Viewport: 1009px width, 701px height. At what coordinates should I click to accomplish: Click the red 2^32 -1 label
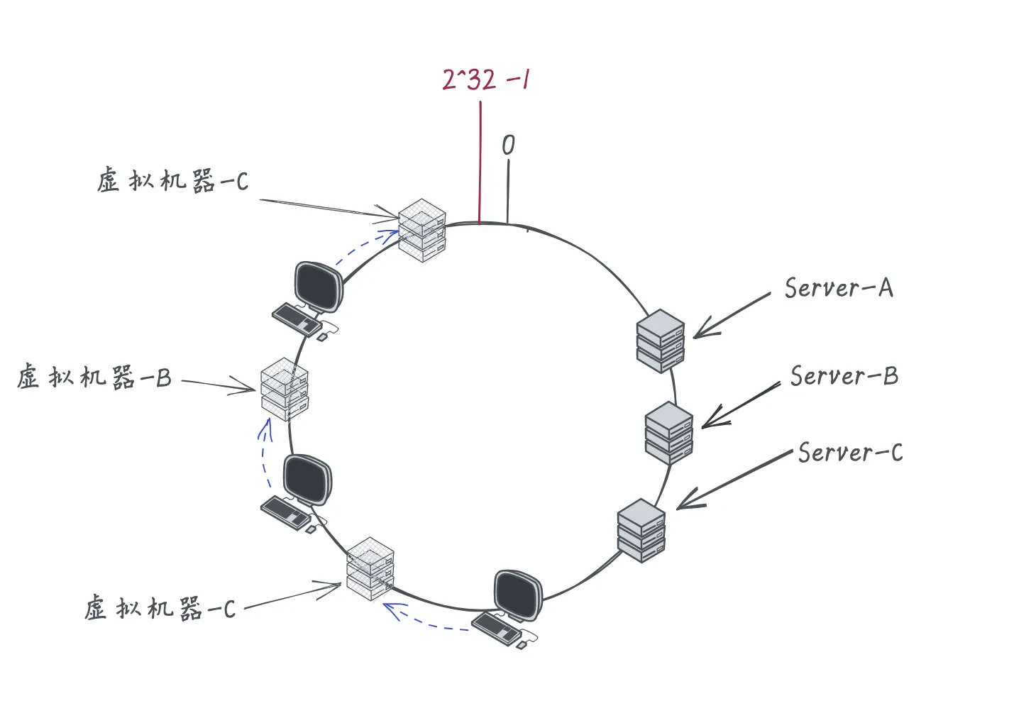click(485, 79)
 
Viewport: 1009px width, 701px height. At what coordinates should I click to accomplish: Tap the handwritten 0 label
click(508, 145)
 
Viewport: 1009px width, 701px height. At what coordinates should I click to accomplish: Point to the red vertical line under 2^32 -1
click(480, 162)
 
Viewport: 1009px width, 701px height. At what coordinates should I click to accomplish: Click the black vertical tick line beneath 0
click(508, 192)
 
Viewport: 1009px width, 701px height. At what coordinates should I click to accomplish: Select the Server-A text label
click(839, 287)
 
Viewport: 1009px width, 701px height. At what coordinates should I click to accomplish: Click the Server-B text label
click(844, 376)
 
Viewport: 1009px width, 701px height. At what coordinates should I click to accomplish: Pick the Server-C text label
click(851, 453)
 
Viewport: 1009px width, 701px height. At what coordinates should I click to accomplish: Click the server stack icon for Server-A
click(661, 341)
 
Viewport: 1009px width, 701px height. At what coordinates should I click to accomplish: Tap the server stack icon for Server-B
click(669, 433)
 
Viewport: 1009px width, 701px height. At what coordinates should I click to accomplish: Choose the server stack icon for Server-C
click(641, 531)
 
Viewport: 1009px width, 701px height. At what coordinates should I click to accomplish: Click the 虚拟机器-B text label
click(94, 377)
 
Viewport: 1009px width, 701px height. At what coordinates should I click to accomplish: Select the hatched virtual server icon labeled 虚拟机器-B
click(285, 390)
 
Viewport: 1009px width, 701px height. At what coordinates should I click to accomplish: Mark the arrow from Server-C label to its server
click(734, 480)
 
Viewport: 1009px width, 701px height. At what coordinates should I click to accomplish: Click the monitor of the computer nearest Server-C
click(518, 595)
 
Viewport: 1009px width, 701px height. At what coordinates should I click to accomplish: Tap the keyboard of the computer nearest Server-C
click(497, 629)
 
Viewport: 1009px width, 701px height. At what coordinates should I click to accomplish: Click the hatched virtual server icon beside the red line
click(422, 230)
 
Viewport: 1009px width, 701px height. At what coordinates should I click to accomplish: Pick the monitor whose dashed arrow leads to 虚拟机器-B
click(308, 480)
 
